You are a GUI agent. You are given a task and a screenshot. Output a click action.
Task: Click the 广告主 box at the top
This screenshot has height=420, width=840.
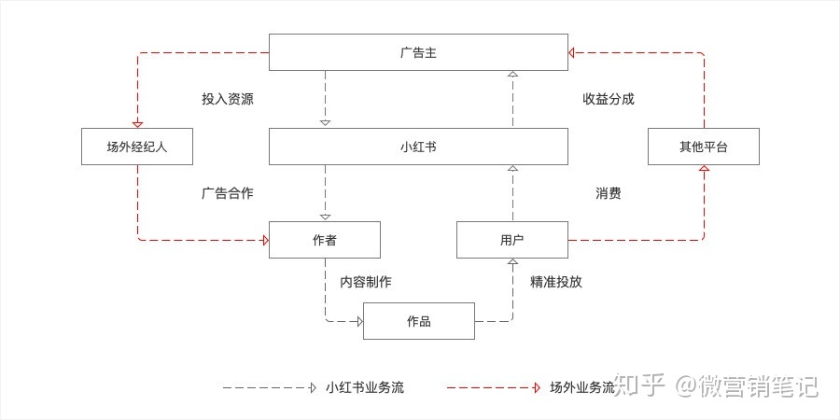tap(418, 52)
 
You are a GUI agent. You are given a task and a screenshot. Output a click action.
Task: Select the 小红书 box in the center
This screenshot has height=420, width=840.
tap(418, 147)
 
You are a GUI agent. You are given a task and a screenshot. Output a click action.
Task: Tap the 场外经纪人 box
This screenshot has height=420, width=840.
tap(137, 147)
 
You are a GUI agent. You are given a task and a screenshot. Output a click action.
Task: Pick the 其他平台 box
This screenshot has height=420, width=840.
tap(704, 147)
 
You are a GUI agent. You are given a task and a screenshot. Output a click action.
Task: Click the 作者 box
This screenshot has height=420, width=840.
tap(325, 240)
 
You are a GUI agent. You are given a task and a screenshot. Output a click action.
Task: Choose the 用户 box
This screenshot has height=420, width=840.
tap(511, 240)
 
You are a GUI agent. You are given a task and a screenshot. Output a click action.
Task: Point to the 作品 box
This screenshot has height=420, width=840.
tap(418, 322)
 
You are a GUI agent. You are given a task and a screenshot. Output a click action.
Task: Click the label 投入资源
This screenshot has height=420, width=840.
tap(227, 99)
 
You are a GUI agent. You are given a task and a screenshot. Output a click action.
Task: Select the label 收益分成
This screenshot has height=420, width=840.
tap(609, 99)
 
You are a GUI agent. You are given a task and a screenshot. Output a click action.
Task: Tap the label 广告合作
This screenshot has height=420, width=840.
tap(227, 193)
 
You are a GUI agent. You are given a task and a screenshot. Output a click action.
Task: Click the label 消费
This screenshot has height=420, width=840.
tap(609, 193)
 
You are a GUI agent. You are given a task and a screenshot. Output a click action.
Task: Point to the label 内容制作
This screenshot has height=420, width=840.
tap(365, 281)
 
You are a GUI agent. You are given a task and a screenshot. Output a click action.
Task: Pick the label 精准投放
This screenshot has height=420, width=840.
tap(556, 281)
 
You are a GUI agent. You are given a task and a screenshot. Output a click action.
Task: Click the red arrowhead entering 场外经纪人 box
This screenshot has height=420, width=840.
tap(138, 124)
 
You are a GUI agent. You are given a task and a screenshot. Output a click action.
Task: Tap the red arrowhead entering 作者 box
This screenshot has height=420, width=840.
tap(264, 241)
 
